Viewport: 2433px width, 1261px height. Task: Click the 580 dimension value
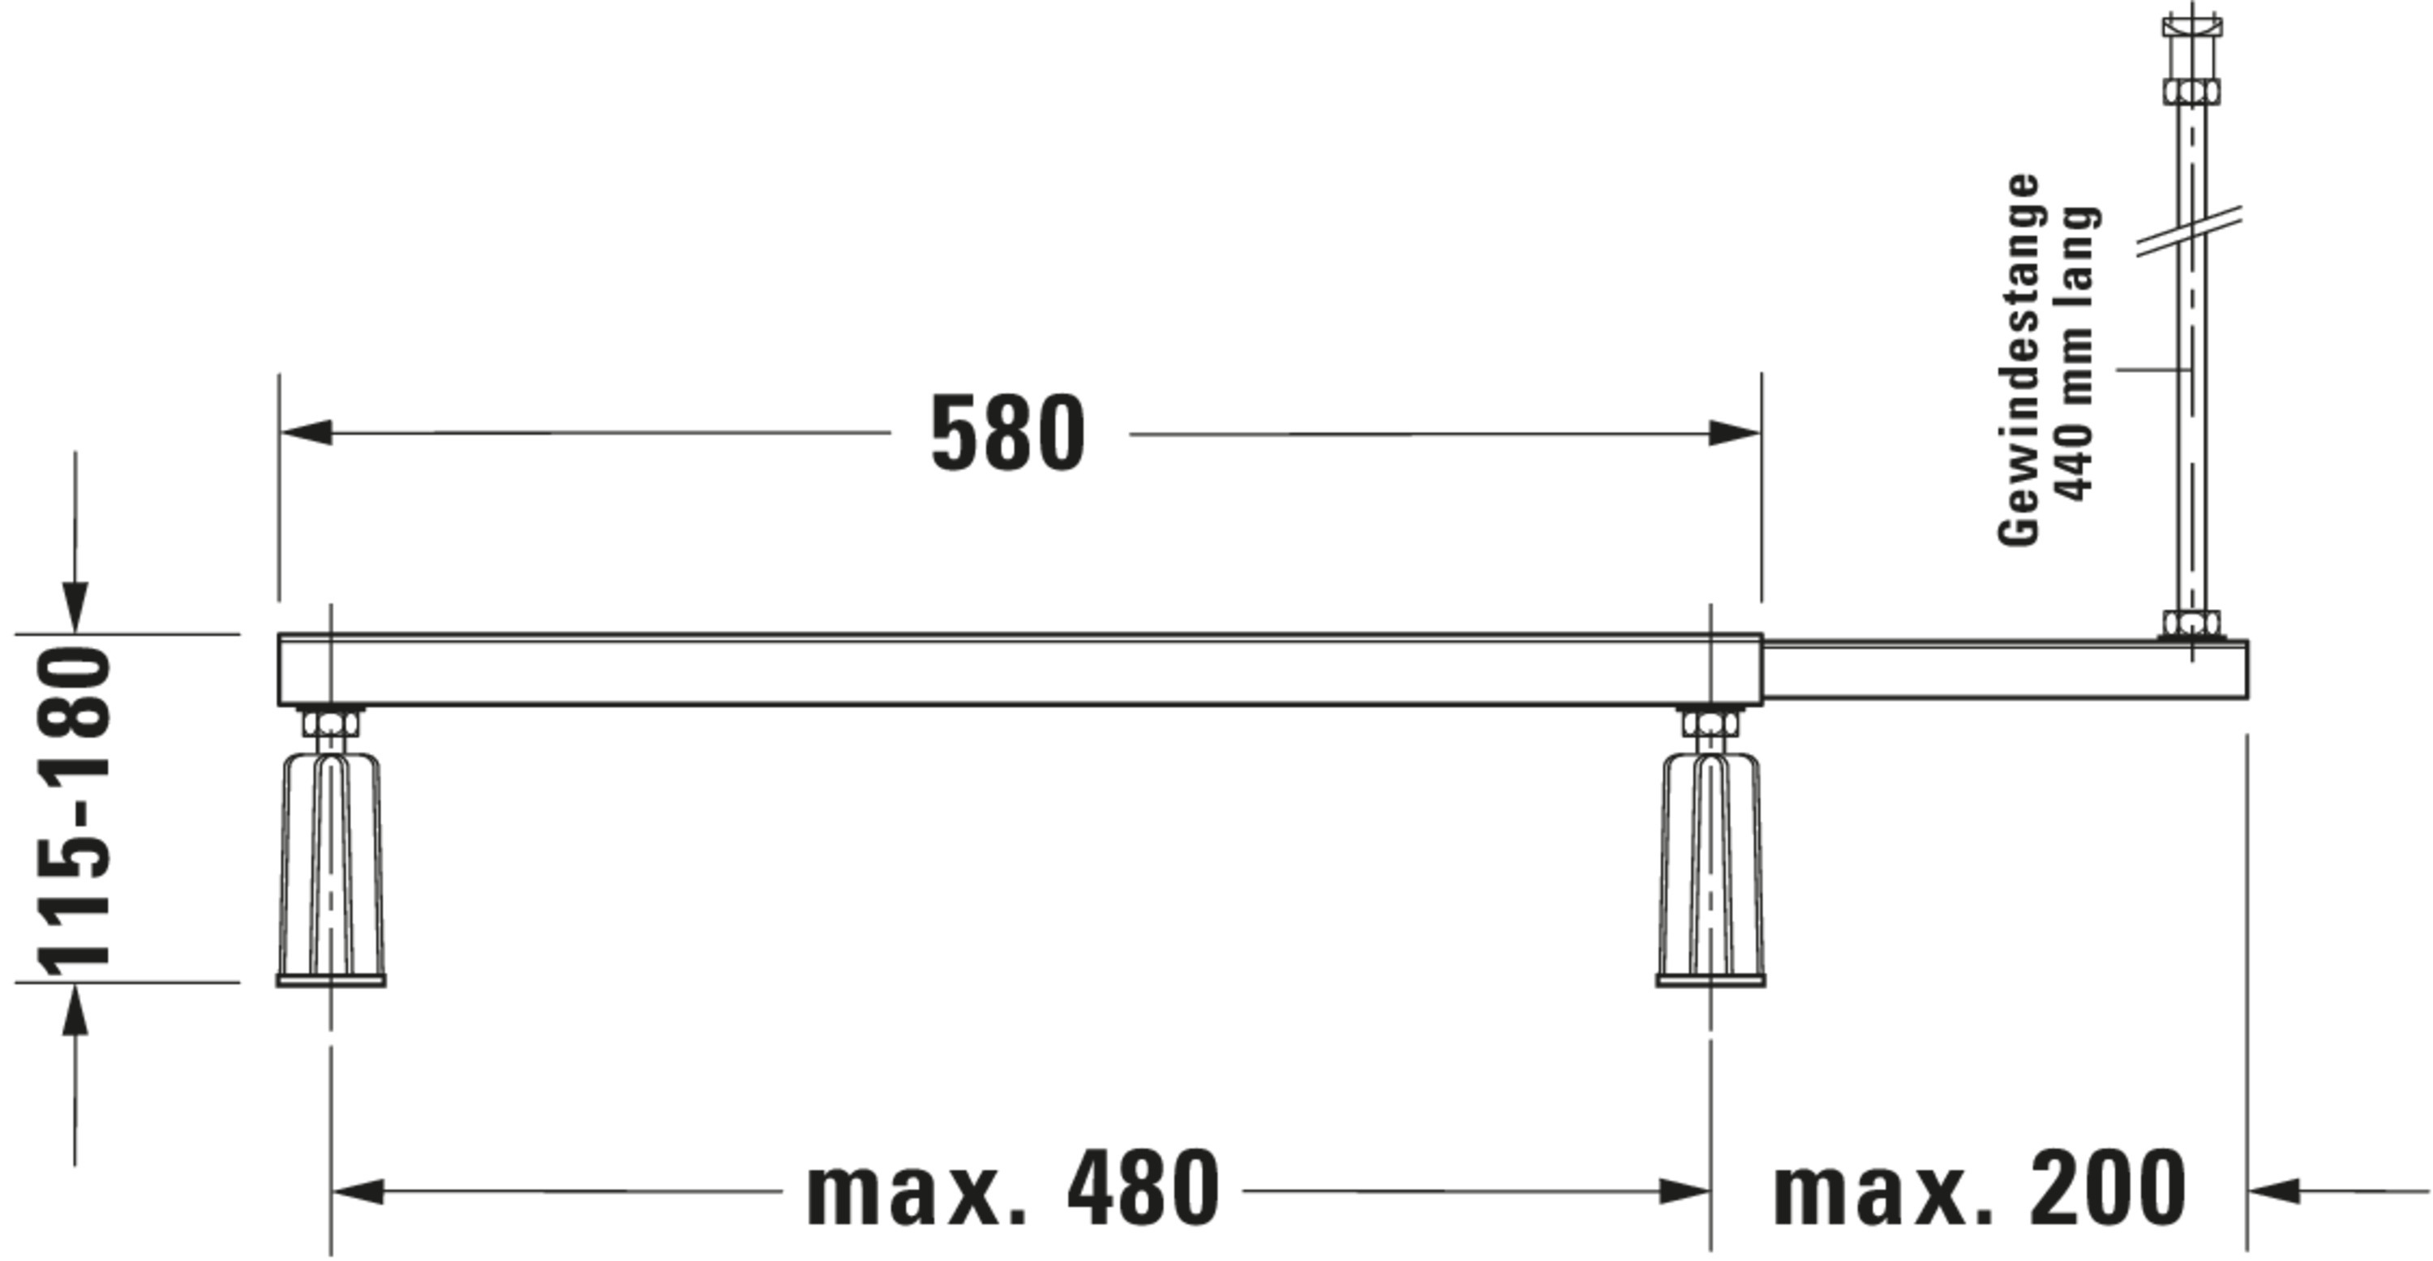click(x=1008, y=434)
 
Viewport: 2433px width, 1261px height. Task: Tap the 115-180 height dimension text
click(x=74, y=810)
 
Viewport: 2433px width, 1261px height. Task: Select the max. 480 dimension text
click(x=1012, y=1188)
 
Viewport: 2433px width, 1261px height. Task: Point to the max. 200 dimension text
click(x=1979, y=1188)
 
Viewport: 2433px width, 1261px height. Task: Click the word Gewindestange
click(x=2019, y=359)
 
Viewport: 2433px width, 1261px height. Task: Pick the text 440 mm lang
click(x=2078, y=354)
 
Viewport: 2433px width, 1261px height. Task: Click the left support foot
click(x=331, y=869)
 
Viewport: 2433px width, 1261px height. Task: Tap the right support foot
click(x=1710, y=869)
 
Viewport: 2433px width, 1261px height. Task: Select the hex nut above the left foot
click(x=331, y=724)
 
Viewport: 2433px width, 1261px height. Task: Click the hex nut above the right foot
click(x=1710, y=724)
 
